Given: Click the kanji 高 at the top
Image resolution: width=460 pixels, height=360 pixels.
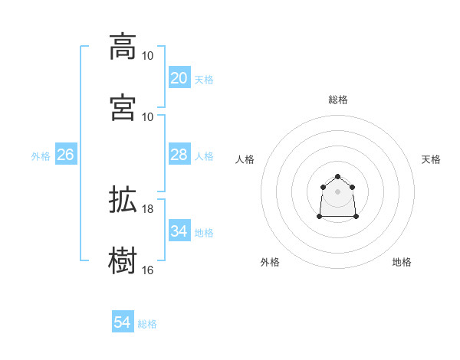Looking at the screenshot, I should coord(123,47).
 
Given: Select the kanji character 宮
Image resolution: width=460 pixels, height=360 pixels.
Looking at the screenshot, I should coord(123,108).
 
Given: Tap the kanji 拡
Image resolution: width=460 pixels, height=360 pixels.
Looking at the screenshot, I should coord(123,201).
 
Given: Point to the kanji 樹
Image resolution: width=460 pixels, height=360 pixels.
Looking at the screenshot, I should coord(123,261).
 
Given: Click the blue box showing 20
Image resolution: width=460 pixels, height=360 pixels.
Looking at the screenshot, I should coord(179,78).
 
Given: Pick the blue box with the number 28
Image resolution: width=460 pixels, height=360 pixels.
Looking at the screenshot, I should coord(179,155).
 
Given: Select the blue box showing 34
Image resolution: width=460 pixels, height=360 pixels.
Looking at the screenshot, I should coord(179,231).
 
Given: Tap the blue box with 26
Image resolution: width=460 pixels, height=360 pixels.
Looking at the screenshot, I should coord(65,155).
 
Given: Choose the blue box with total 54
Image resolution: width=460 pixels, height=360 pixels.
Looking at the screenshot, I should coord(122,322).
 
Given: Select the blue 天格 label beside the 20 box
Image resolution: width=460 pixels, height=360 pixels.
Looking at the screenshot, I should coord(204,80).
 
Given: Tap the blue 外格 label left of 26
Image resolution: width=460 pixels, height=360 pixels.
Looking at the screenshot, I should coord(41,156).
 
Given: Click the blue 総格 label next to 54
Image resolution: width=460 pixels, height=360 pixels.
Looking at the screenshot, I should coord(147,324).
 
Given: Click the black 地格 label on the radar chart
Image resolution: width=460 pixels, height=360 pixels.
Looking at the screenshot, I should coord(402,262).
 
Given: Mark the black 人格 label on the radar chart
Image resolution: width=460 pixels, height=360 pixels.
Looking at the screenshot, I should coord(245,159).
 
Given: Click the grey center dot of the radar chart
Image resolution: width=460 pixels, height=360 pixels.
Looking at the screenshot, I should coord(337,191).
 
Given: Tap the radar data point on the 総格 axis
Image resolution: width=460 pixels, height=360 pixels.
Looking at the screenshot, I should coord(337,176).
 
